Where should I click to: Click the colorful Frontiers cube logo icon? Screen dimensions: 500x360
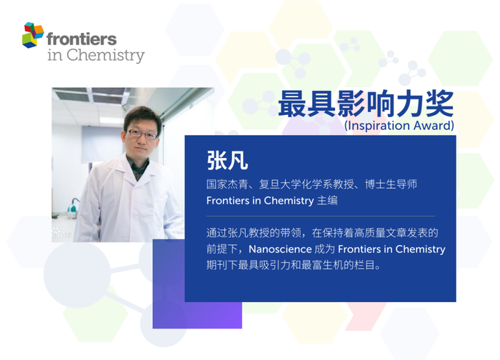33,35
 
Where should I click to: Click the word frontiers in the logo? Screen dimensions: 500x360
81,39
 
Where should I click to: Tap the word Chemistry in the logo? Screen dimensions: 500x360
106,55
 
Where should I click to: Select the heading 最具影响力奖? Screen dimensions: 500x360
366,104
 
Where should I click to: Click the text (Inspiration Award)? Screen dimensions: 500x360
399,125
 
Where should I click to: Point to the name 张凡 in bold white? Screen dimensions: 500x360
227,160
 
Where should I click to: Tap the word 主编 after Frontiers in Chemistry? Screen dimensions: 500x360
327,201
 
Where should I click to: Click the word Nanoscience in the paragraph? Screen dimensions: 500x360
280,249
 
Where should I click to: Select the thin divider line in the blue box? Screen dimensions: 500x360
321,216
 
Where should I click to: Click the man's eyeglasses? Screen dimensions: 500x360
143,134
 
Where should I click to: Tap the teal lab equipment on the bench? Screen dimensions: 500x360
73,208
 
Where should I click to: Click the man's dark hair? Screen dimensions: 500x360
143,117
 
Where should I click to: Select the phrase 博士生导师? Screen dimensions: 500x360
391,184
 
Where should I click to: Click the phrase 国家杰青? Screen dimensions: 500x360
227,184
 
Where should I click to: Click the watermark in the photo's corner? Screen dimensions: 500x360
61,233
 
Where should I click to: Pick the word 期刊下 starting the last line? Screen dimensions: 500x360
222,265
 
